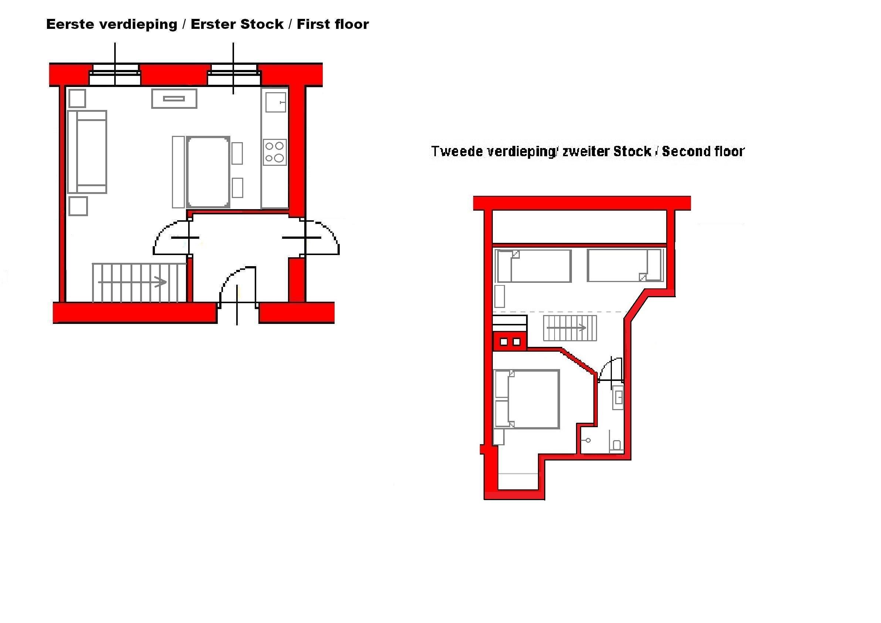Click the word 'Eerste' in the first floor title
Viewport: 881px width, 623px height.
point(70,24)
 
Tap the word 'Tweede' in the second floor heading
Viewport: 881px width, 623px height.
point(457,151)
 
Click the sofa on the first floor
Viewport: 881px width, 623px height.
point(87,152)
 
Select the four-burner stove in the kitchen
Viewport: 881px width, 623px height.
point(275,152)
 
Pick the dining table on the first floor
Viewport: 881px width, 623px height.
point(209,172)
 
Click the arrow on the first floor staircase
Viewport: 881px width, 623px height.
point(132,282)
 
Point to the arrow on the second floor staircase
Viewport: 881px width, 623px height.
point(566,328)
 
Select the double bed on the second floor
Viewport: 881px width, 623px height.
point(526,399)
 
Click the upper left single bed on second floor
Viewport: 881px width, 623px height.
point(533,266)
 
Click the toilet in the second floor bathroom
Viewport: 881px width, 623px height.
point(617,445)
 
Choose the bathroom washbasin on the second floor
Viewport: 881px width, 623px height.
point(618,398)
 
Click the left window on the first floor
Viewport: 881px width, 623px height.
point(115,74)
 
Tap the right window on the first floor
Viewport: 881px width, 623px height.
point(234,74)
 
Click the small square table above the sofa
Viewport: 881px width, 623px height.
point(77,98)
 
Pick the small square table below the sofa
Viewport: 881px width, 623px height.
point(78,206)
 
